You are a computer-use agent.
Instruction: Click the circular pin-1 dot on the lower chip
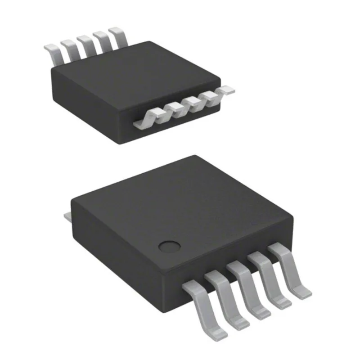point(170,246)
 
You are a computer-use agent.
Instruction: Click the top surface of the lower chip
point(180,202)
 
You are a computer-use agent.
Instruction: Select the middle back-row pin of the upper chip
point(85,43)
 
